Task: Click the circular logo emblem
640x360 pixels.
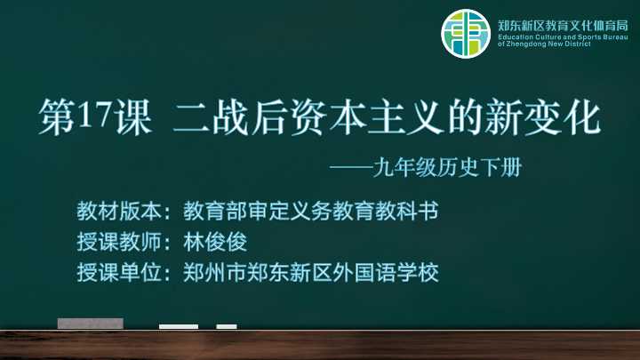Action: click(x=466, y=34)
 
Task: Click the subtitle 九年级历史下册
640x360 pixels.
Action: click(x=447, y=167)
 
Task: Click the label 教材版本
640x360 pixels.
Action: click(x=119, y=211)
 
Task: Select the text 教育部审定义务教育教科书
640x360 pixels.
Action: click(x=310, y=211)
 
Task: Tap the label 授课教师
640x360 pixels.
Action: click(x=119, y=242)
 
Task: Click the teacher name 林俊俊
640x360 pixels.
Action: click(x=215, y=242)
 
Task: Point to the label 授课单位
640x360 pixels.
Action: click(x=119, y=272)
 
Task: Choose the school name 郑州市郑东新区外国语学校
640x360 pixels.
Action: click(x=310, y=272)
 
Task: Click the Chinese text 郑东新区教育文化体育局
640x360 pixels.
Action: click(x=563, y=26)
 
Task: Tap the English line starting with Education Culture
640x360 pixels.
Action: click(x=563, y=37)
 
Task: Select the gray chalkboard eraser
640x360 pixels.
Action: click(x=90, y=324)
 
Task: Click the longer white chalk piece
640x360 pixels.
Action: click(x=179, y=326)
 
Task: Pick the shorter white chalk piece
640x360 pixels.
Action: click(x=227, y=326)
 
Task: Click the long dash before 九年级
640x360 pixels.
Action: click(x=351, y=167)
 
